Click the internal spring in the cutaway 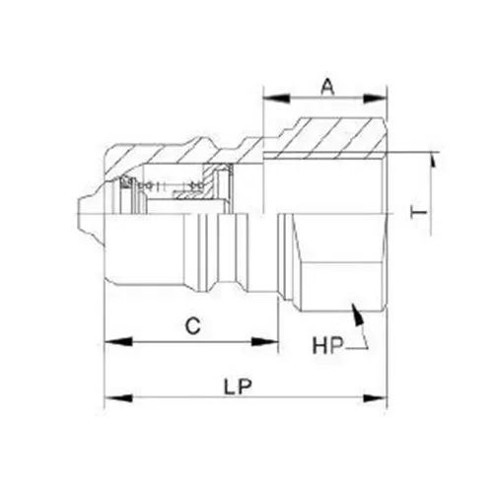(x=173, y=184)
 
